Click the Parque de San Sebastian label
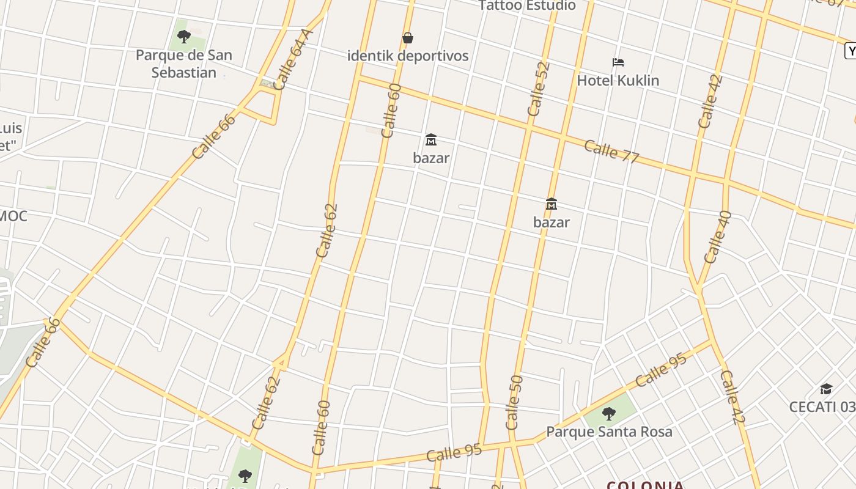pos(183,64)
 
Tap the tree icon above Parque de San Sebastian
pos(183,36)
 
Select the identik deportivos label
pos(408,56)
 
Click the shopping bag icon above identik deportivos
pos(408,38)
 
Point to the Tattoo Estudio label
pos(527,6)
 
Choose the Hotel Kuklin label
pos(618,80)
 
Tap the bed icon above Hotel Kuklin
pos(618,62)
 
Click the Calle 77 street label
pos(611,151)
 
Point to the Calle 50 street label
pos(514,402)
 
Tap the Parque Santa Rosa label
pos(608,432)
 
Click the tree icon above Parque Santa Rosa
pos(608,414)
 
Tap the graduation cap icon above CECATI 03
pos(826,389)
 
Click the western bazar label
pos(431,158)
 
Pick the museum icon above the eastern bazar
pos(551,204)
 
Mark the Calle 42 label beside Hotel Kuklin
pos(710,101)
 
